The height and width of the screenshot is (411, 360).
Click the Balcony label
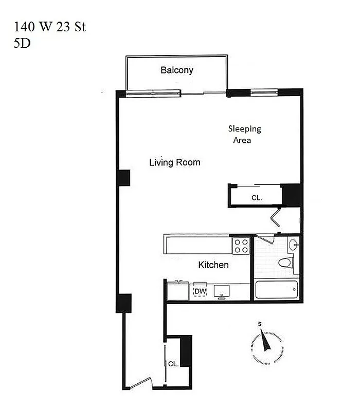(x=177, y=70)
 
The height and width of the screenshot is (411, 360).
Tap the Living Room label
(x=174, y=162)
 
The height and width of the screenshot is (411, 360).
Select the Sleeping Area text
(x=244, y=134)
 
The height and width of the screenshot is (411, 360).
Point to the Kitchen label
(x=213, y=265)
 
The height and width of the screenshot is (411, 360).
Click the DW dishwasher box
(x=200, y=291)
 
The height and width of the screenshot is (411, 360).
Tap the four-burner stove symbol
(x=241, y=246)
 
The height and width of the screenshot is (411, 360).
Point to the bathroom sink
(x=293, y=245)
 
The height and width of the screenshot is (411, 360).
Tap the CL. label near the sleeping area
(x=256, y=197)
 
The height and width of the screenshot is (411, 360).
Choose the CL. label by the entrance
(x=173, y=364)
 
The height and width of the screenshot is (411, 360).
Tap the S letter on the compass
(x=260, y=324)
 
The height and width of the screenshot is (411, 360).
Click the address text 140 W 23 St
(x=50, y=27)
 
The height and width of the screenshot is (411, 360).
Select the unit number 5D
(x=22, y=43)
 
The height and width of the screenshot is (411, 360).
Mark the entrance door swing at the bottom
(x=140, y=383)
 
